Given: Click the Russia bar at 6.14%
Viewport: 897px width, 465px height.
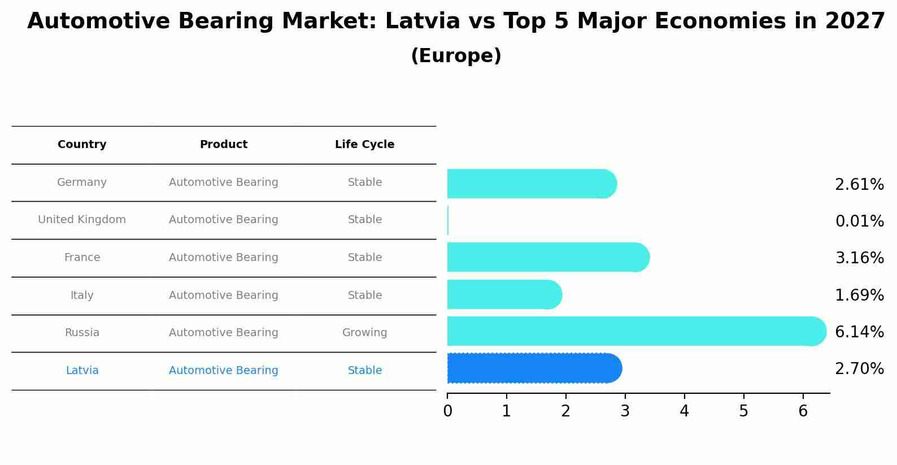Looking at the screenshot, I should pyautogui.click(x=635, y=332).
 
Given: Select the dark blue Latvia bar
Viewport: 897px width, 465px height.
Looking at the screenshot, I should pyautogui.click(x=534, y=368).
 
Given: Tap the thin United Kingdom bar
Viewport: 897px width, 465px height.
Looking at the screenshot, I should pyautogui.click(x=448, y=220).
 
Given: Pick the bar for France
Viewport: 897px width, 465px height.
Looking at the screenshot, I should pyautogui.click(x=548, y=258).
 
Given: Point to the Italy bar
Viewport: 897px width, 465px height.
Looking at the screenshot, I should pyautogui.click(x=504, y=295).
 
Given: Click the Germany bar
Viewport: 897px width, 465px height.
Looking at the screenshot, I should pyautogui.click(x=531, y=184).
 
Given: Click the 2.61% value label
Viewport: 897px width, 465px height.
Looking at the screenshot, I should pyautogui.click(x=859, y=185).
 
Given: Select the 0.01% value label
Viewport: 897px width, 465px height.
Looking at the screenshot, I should pyautogui.click(x=859, y=221).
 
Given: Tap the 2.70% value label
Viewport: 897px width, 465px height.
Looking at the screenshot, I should pyautogui.click(x=859, y=369).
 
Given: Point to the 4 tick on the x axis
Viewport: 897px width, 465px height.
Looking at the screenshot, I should pyautogui.click(x=684, y=411).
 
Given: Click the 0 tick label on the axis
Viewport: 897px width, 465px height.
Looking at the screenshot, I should pyautogui.click(x=447, y=411).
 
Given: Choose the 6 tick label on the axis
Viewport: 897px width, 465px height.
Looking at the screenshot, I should pyautogui.click(x=803, y=411).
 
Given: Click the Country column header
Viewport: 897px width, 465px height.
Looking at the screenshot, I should pyautogui.click(x=82, y=145).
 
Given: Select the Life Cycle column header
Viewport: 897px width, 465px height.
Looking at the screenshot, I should pyautogui.click(x=364, y=145).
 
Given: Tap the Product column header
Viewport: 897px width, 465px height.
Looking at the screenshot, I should pyautogui.click(x=224, y=145).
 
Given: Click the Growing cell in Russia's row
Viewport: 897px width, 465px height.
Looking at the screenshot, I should pyautogui.click(x=364, y=333).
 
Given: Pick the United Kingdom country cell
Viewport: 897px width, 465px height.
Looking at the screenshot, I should pyautogui.click(x=82, y=220).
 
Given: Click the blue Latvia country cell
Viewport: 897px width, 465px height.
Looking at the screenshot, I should pyautogui.click(x=82, y=371).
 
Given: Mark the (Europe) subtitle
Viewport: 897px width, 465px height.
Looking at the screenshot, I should pyautogui.click(x=456, y=56).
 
